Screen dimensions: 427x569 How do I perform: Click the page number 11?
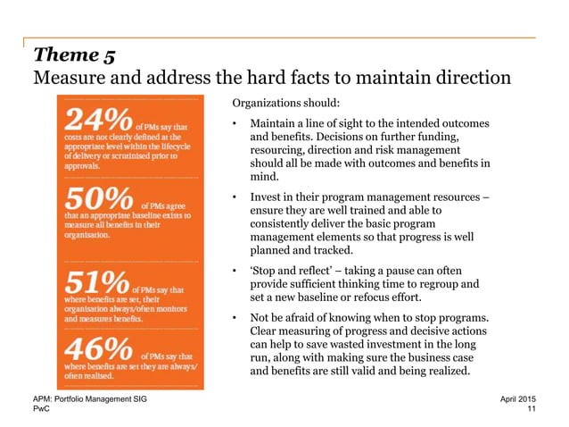pyautogui.click(x=533, y=409)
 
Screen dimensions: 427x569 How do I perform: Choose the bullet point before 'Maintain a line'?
pyautogui.click(x=234, y=122)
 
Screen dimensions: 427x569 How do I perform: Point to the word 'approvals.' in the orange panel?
pyautogui.click(x=81, y=165)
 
